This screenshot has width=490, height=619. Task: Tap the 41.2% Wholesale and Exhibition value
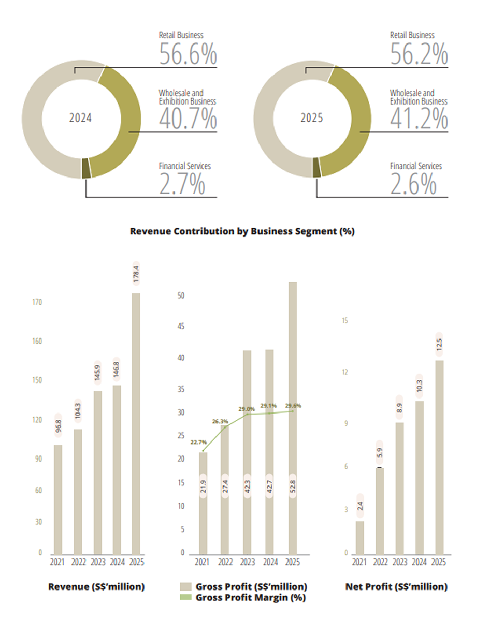419,120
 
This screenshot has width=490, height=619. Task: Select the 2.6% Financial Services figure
413,185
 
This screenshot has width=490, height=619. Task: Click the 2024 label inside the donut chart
80,118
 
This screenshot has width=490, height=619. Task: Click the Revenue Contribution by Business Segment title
242,231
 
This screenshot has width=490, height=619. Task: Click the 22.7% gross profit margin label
199,442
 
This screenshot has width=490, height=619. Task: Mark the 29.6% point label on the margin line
293,406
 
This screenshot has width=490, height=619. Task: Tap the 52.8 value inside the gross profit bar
292,485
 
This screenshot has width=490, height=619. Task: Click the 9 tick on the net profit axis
345,423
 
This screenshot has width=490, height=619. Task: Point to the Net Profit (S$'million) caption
396,587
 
